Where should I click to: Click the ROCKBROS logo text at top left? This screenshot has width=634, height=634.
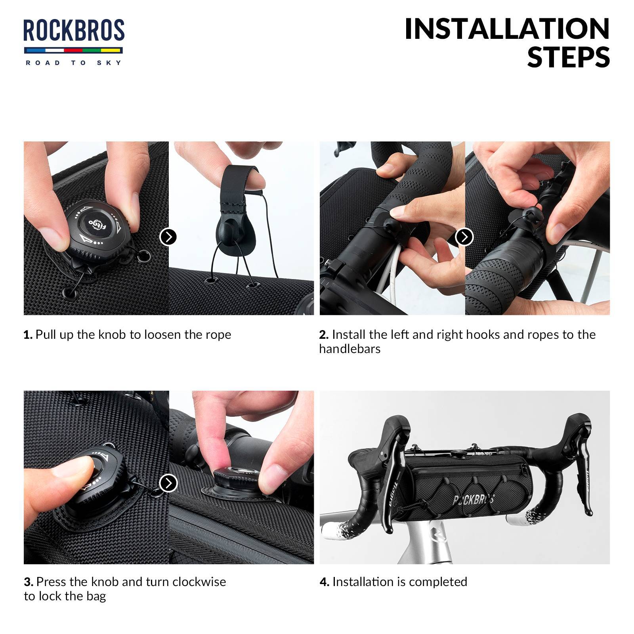click(74, 30)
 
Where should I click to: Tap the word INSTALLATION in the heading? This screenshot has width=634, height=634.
click(507, 29)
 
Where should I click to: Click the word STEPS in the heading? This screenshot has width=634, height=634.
click(569, 57)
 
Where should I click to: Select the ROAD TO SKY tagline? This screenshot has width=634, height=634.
click(74, 63)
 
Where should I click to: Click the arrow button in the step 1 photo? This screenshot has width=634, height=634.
click(168, 237)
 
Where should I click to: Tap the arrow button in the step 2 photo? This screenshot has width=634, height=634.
click(464, 237)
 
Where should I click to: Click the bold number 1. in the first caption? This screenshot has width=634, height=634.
click(28, 335)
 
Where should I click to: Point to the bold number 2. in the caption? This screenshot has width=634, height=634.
click(324, 335)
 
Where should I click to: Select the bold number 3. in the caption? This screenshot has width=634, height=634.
click(29, 582)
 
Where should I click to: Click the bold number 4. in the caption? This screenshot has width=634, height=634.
click(325, 582)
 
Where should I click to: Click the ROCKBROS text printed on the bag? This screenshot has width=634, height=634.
click(474, 500)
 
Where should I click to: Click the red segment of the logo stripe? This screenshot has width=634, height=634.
click(73, 51)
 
